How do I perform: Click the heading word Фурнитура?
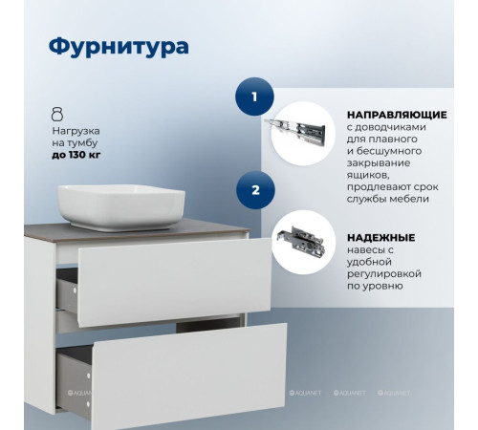point(118,46)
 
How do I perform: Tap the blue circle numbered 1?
point(254,97)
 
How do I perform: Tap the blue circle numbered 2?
point(254,189)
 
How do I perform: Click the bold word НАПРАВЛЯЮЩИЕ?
point(389,111)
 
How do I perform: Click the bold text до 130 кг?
point(79,153)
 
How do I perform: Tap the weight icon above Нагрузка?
point(57,112)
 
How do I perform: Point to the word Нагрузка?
point(76,127)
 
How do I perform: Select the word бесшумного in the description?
point(389,156)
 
